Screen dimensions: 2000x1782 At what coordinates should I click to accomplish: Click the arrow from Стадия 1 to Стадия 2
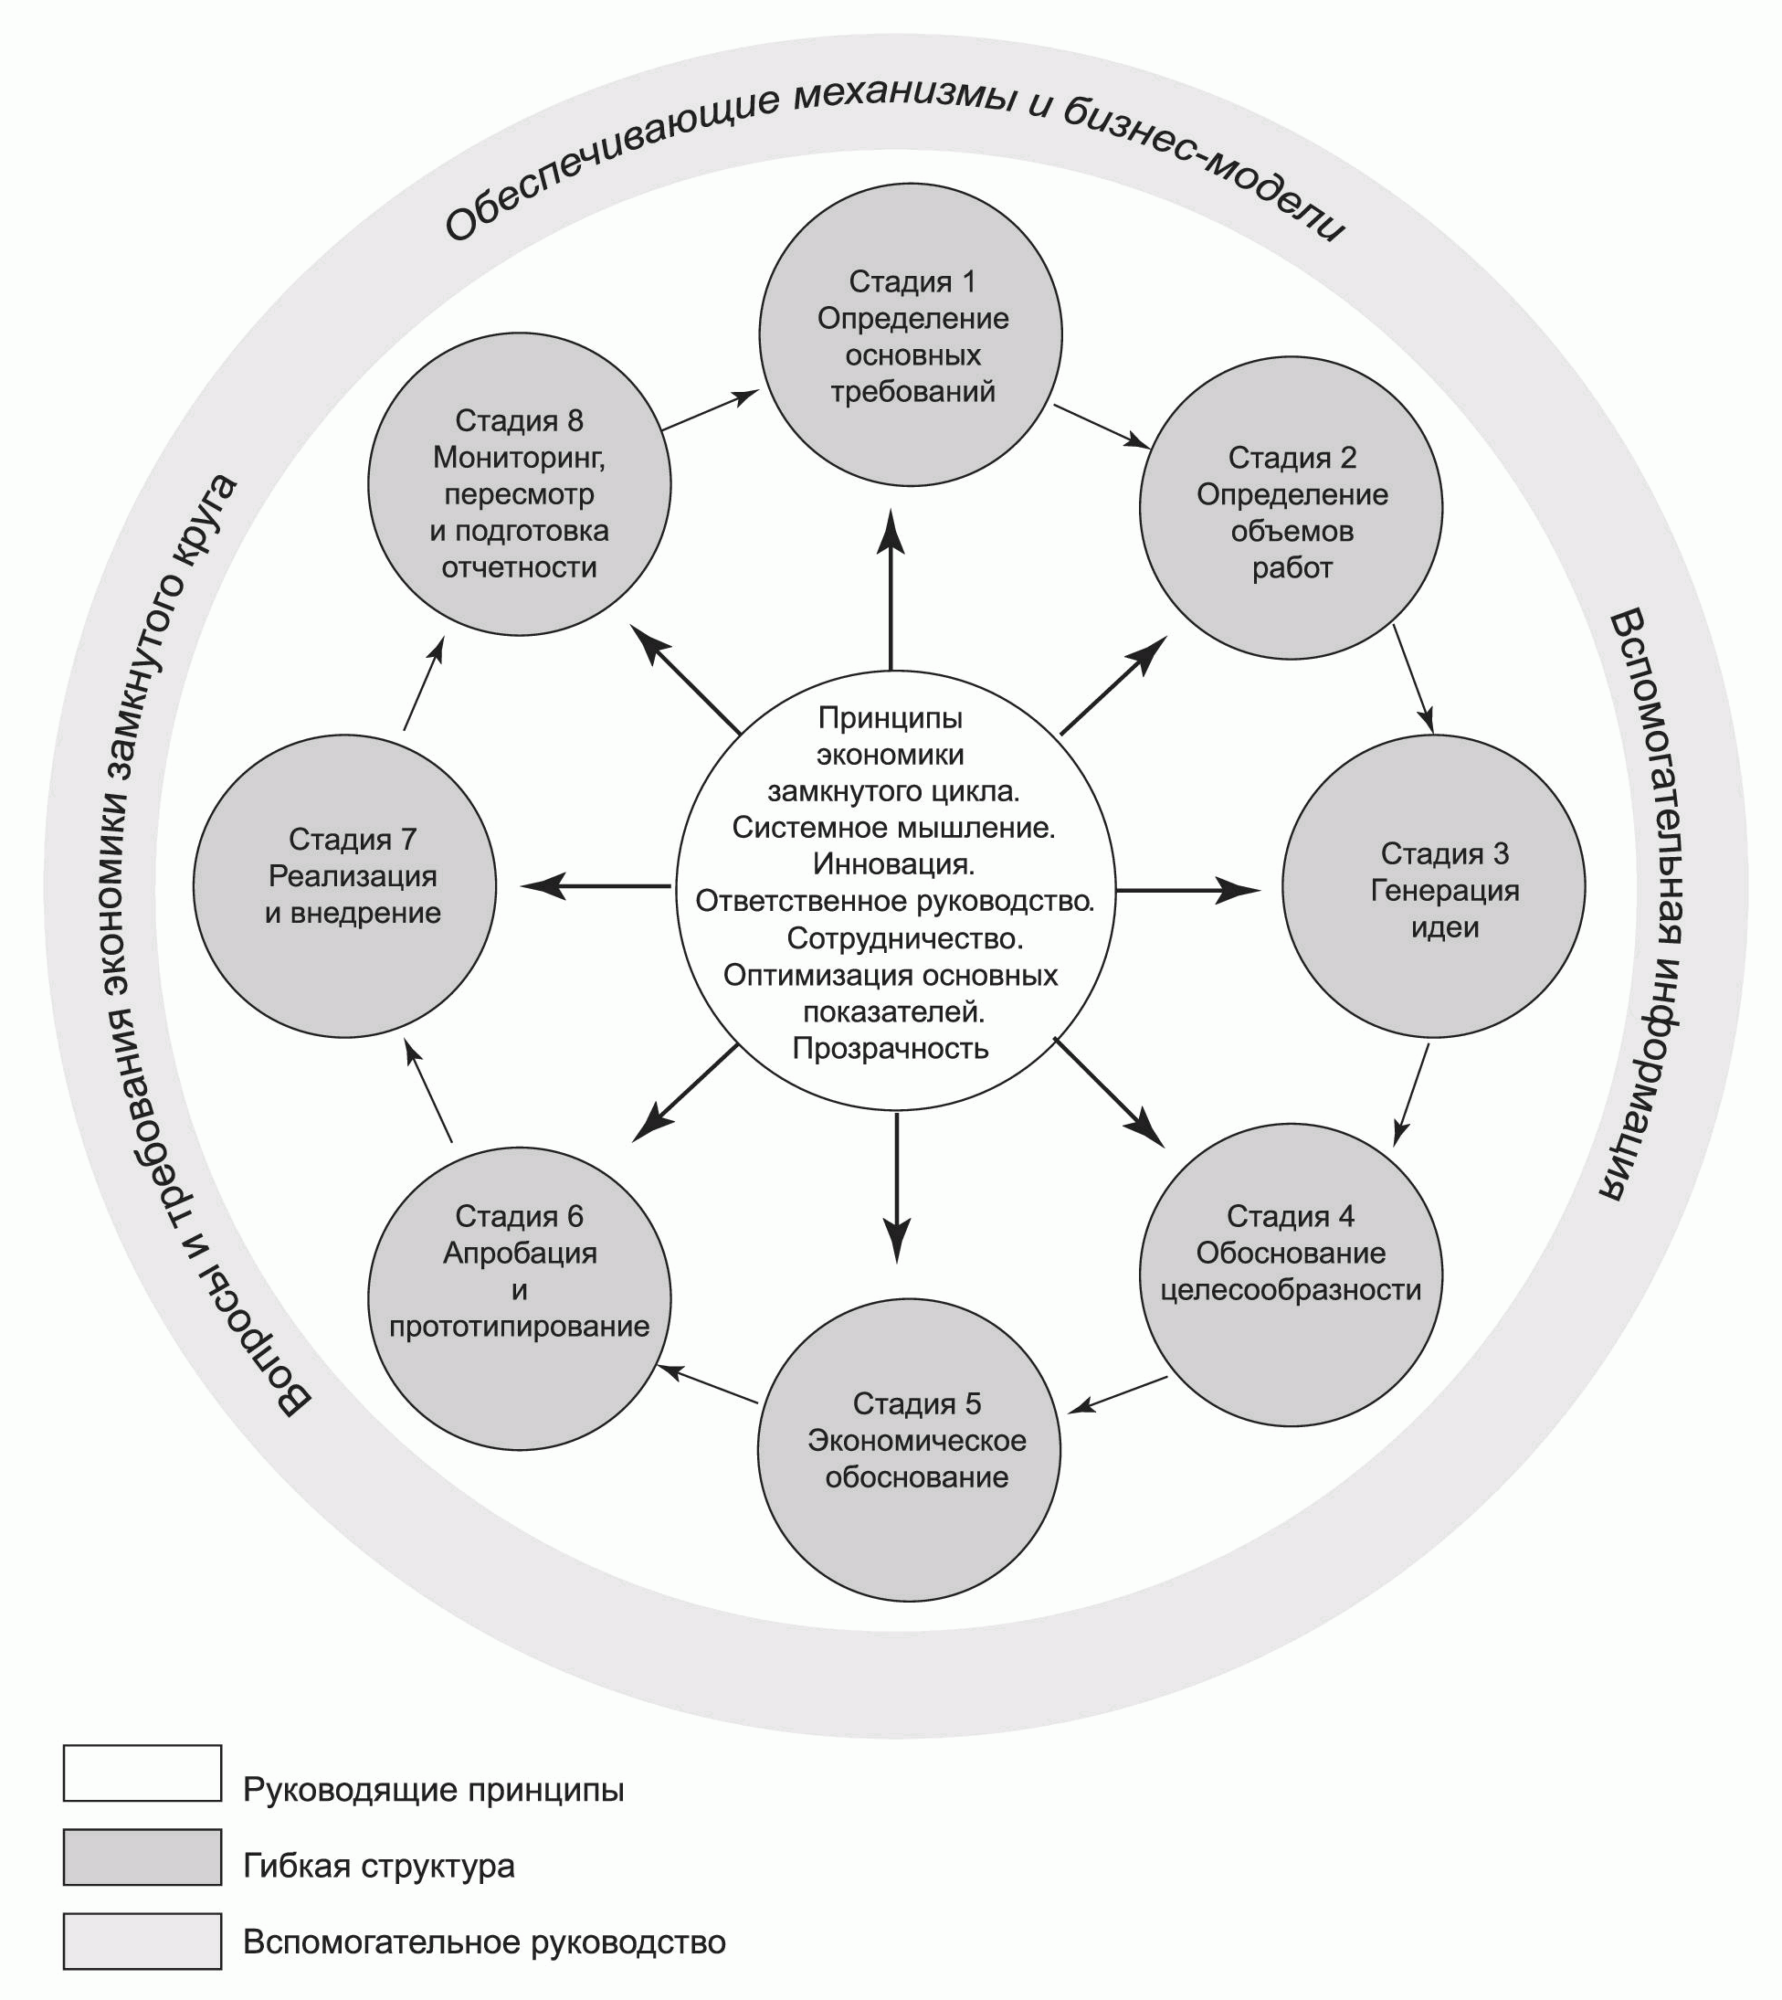[x=1101, y=426]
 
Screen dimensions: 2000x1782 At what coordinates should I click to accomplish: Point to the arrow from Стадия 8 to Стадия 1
[x=710, y=410]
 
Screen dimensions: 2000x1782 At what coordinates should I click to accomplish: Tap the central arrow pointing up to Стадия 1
[x=891, y=587]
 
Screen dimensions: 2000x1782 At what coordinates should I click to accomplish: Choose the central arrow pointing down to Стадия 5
[x=897, y=1185]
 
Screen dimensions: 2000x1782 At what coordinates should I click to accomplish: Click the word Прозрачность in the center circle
[x=890, y=1049]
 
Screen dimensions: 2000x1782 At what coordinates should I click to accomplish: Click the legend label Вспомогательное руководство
[x=484, y=1942]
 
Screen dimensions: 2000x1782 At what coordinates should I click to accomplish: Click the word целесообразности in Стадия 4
[x=1291, y=1290]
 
